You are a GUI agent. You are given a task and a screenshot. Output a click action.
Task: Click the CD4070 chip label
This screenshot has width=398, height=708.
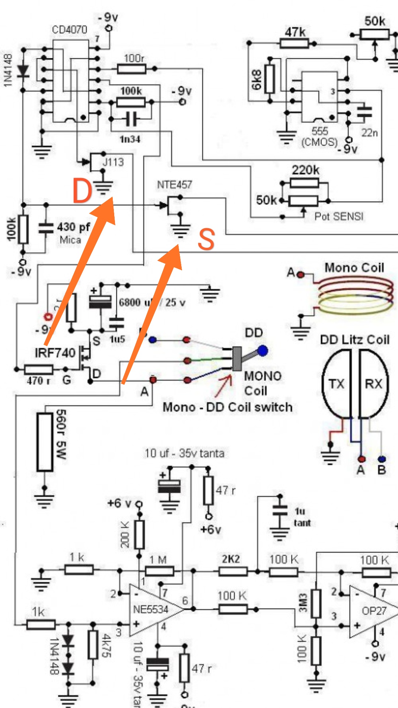tap(70, 29)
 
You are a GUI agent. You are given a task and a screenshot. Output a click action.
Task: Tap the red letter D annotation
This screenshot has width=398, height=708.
tap(82, 190)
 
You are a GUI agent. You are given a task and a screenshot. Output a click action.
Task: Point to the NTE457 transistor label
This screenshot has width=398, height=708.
tap(174, 184)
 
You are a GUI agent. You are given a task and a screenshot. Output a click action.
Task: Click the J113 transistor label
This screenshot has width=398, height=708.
tap(113, 162)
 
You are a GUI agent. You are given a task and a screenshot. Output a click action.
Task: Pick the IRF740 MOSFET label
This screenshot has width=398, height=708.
tap(55, 353)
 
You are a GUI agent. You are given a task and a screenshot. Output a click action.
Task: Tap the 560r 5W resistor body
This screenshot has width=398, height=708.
tap(45, 442)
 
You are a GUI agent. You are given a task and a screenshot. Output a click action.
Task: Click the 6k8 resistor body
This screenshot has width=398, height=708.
tap(270, 79)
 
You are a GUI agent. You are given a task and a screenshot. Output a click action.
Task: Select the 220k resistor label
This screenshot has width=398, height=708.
tap(306, 170)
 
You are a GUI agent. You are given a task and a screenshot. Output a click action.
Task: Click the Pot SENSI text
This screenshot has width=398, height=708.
tap(339, 216)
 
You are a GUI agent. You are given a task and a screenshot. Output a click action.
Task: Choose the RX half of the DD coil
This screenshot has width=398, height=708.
tap(373, 384)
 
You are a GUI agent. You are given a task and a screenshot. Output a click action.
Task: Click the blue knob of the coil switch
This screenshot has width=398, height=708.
tap(262, 351)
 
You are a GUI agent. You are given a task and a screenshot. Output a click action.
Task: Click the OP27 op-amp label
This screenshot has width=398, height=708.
tap(374, 611)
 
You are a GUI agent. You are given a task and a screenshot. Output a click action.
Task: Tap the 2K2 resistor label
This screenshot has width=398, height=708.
tap(231, 559)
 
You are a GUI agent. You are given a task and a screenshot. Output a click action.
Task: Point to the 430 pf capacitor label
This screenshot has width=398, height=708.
tap(73, 227)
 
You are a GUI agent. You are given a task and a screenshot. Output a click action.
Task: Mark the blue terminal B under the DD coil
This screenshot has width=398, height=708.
tap(382, 459)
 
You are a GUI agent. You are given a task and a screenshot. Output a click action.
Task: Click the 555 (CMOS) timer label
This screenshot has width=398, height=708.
tap(320, 136)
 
